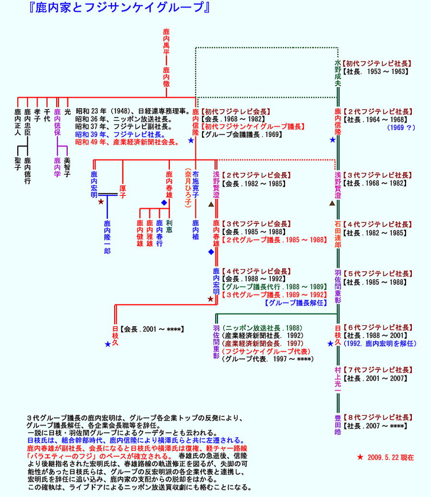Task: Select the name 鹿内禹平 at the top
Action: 166,42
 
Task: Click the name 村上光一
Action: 338,379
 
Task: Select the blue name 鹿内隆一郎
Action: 107,237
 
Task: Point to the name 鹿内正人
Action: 18,122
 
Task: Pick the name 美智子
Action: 67,168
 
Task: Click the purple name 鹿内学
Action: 58,168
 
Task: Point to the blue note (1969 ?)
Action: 401,128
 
